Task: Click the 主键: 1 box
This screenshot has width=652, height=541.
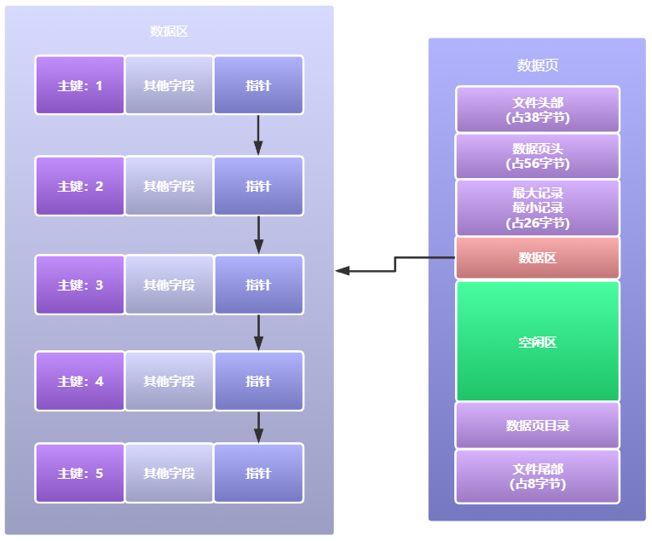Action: pos(80,85)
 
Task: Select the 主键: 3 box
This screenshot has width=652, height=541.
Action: pos(80,285)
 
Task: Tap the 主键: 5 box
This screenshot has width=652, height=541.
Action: pos(80,473)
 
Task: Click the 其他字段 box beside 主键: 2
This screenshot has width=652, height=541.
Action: pos(169,186)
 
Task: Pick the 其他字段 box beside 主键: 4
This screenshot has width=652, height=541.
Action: pos(169,381)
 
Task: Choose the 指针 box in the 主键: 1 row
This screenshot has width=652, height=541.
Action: pos(258,85)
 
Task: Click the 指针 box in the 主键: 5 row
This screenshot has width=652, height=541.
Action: pos(258,473)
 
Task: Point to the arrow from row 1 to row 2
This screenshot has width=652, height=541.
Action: pos(258,135)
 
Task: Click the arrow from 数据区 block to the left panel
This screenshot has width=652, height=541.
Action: pos(394,265)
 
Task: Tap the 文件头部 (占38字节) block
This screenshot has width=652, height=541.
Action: pos(537,110)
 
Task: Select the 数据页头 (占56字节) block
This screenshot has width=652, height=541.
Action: pos(537,156)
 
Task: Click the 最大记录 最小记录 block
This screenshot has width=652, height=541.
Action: pos(537,208)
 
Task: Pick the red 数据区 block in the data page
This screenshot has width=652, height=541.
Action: pos(537,257)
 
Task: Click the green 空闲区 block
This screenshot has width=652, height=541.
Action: pos(537,342)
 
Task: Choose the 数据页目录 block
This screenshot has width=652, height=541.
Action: pos(537,425)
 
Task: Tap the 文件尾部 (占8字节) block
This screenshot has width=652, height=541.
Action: pos(537,476)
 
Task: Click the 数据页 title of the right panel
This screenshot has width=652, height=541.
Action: pos(537,66)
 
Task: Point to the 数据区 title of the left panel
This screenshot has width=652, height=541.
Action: pos(169,32)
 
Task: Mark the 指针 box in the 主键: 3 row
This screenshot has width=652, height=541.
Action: pos(258,285)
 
